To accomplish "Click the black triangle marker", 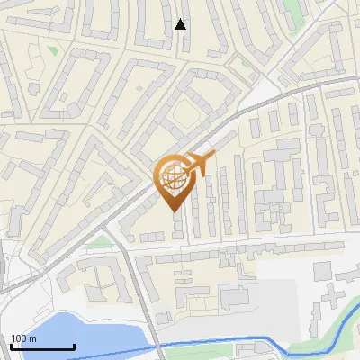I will (181, 24).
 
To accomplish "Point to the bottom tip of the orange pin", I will (175, 211).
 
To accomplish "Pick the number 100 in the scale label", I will (19, 338).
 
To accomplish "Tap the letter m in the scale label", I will (33, 338).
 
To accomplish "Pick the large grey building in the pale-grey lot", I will (236, 295).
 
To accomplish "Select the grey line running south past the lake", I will (144, 306).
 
